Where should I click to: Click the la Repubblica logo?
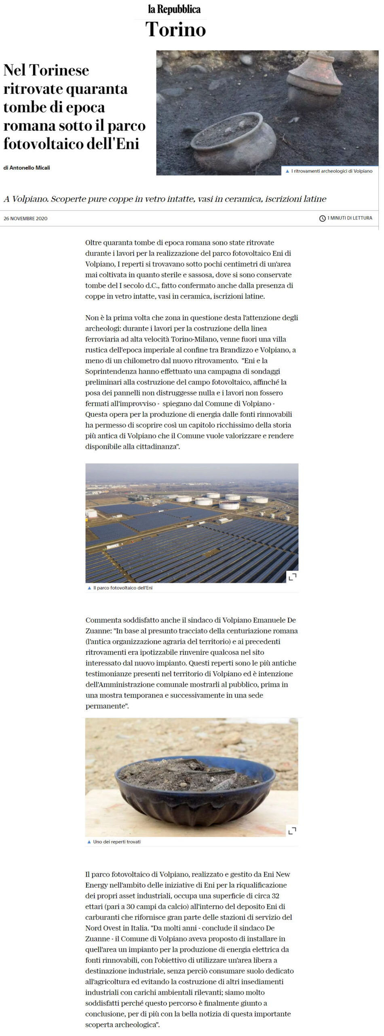(x=174, y=9)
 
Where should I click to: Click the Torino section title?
(x=175, y=30)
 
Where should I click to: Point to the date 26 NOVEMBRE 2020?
(x=25, y=219)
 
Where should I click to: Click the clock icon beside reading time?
(x=322, y=219)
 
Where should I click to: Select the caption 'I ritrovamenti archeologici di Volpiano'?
(x=331, y=171)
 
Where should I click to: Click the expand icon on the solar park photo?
(x=292, y=577)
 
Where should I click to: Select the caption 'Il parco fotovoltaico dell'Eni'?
(x=122, y=588)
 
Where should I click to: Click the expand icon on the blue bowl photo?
(x=292, y=830)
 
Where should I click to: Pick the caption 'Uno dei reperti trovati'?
(x=116, y=841)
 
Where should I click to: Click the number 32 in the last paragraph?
(x=275, y=896)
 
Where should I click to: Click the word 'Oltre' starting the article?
(x=93, y=243)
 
